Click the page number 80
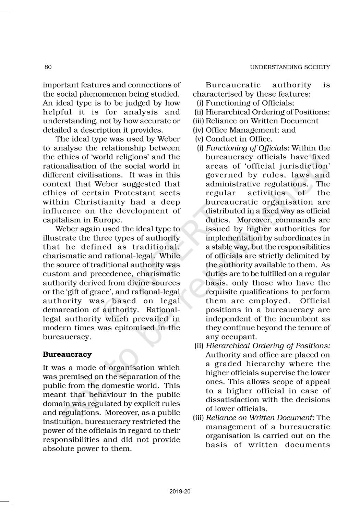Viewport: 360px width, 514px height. (x=48, y=67)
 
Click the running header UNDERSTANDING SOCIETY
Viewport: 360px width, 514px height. (x=290, y=67)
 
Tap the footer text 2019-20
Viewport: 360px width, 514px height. (x=180, y=492)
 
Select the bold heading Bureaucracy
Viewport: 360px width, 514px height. (x=67, y=354)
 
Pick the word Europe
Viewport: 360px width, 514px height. (x=109, y=220)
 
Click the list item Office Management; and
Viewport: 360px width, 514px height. (x=250, y=130)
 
